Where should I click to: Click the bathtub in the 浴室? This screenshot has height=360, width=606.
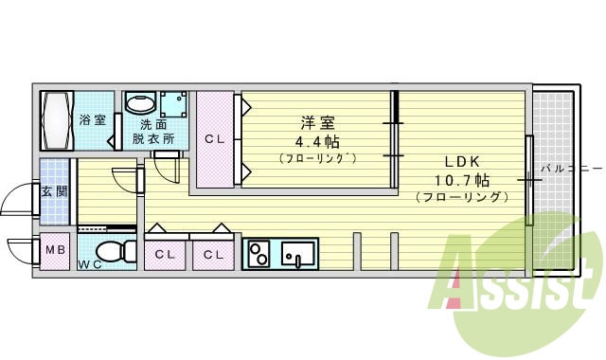[x=57, y=119]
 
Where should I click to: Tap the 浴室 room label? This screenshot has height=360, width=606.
[x=91, y=120]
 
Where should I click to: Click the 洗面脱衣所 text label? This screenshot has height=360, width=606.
[x=152, y=131]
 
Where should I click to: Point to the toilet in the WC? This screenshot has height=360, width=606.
[x=113, y=252]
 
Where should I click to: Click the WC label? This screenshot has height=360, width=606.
[x=90, y=263]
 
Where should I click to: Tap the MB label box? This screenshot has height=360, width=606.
[x=56, y=251]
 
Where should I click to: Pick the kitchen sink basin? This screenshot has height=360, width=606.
[x=297, y=254]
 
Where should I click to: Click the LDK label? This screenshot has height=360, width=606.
[x=462, y=160]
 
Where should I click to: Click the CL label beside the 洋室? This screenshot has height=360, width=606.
[x=216, y=138]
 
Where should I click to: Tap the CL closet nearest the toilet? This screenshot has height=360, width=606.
[x=165, y=254]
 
